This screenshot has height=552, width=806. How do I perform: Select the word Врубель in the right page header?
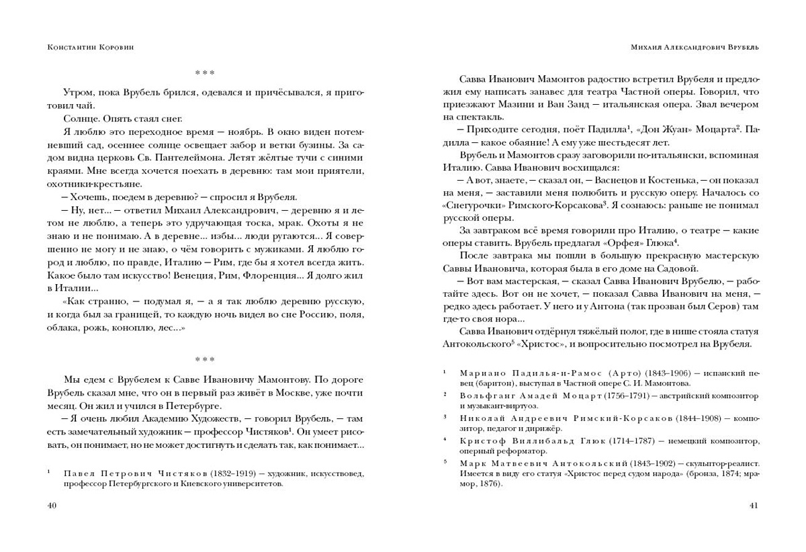(x=740, y=48)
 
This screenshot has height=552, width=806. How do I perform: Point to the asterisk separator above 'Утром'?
(x=205, y=73)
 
